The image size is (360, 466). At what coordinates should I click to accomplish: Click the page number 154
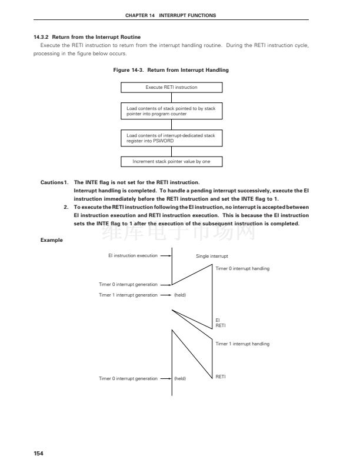(x=39, y=453)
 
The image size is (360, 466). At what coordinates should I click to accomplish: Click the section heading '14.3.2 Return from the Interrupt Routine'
(x=87, y=37)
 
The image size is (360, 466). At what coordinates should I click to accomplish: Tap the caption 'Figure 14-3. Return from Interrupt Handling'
(x=171, y=70)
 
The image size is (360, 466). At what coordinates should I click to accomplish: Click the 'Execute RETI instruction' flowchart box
(x=171, y=87)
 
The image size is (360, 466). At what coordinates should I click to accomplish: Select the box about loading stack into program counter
(x=171, y=111)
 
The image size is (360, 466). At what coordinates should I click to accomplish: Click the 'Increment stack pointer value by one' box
(x=171, y=161)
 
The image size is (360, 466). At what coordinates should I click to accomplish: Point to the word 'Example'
(x=51, y=239)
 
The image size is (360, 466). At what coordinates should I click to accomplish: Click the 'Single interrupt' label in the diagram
(x=212, y=257)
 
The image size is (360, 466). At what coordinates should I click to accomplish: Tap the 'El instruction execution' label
(x=133, y=256)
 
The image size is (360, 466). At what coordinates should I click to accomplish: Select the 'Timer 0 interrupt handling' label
(x=242, y=268)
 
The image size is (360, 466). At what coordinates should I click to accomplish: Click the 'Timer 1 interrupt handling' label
(x=242, y=344)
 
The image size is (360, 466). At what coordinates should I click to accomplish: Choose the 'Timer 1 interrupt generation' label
(x=128, y=295)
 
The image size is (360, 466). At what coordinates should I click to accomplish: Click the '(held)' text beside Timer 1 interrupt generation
(x=180, y=295)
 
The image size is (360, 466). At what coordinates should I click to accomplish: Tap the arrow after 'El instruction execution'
(x=165, y=256)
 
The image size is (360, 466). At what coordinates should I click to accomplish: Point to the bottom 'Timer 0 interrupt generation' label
(x=128, y=378)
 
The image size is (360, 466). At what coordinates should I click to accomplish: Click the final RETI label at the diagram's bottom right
(x=221, y=376)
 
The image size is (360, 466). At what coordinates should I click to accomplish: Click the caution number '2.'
(x=66, y=207)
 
